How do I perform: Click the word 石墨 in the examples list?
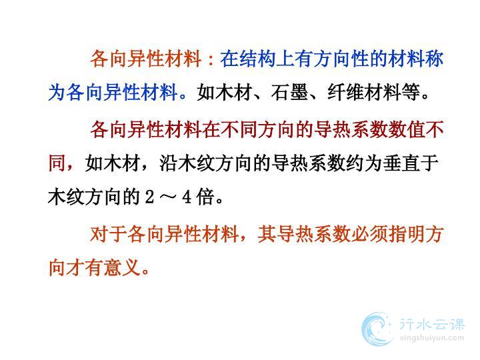click(289, 92)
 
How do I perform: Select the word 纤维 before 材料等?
click(346, 92)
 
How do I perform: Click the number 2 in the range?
click(150, 197)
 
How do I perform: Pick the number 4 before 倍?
click(187, 197)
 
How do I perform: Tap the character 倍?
click(205, 197)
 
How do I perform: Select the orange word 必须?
click(369, 235)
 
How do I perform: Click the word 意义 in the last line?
click(122, 268)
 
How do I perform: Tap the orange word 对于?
click(109, 235)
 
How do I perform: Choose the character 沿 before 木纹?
click(169, 163)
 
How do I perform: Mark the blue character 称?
click(435, 59)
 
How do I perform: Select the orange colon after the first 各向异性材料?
click(210, 59)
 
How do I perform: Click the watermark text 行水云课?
click(432, 325)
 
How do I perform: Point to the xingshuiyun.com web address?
click(432, 338)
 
